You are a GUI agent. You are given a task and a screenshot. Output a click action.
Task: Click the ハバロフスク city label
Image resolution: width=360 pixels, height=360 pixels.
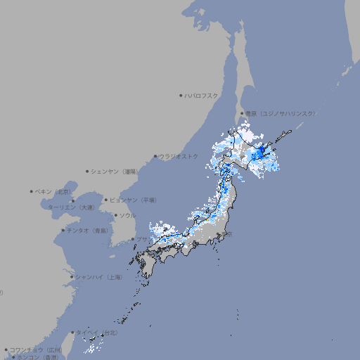(202, 95)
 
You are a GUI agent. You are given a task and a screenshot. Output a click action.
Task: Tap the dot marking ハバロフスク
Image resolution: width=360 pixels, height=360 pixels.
(181, 95)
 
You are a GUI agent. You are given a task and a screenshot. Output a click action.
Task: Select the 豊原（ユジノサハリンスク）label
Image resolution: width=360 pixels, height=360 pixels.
(281, 113)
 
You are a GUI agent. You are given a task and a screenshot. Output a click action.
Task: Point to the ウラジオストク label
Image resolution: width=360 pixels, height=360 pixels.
(179, 156)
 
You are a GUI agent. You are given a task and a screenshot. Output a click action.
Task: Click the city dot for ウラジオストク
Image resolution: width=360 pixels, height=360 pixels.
(155, 157)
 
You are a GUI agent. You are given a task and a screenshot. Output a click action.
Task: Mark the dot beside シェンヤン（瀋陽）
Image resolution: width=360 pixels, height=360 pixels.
(88, 171)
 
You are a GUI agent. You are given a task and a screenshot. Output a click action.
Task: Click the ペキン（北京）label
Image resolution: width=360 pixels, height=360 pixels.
(53, 191)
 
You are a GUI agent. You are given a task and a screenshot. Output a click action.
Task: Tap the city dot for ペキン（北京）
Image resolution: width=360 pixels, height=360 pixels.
(32, 191)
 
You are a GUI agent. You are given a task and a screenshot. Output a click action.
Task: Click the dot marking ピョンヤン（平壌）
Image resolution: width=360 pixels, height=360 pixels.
(106, 200)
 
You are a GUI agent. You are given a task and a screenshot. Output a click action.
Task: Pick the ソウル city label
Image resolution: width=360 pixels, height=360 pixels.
(127, 215)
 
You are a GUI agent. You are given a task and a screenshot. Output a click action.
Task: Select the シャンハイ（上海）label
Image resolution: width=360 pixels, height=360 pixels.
(98, 277)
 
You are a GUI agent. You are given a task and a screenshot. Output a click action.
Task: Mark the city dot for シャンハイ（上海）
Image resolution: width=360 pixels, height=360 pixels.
(72, 277)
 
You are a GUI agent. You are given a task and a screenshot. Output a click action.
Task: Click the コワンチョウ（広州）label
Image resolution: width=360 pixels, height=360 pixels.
(35, 349)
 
